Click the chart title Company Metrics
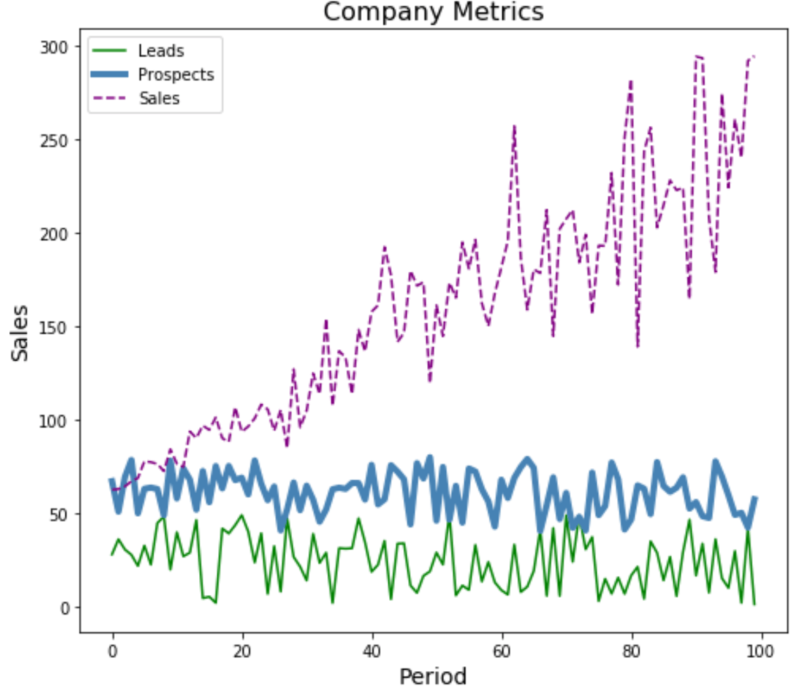pyautogui.click(x=433, y=12)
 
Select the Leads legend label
pyautogui.click(x=161, y=51)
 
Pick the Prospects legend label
pyautogui.click(x=176, y=75)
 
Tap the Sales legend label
pyautogui.click(x=159, y=99)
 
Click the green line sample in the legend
pyautogui.click(x=109, y=51)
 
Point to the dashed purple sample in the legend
pyautogui.click(x=109, y=99)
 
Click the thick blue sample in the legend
pyautogui.click(x=109, y=75)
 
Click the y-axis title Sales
pyautogui.click(x=22, y=332)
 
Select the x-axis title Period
pyautogui.click(x=433, y=676)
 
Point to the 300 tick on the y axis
pyautogui.click(x=58, y=46)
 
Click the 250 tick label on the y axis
pyautogui.click(x=58, y=140)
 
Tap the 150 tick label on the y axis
pyautogui.click(x=58, y=327)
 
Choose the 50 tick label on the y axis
pyautogui.click(x=62, y=514)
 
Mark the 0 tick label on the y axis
pyautogui.click(x=65, y=608)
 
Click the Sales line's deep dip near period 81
pyautogui.click(x=637, y=346)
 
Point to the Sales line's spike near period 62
pyautogui.click(x=514, y=127)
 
